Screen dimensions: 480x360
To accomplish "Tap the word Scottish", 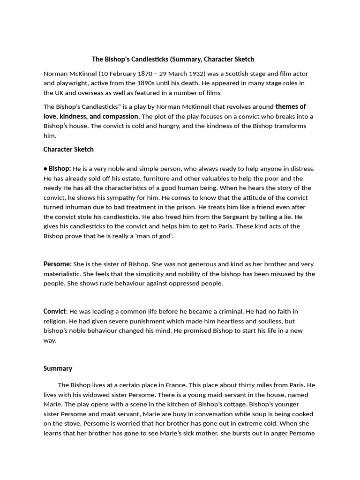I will click(238, 74).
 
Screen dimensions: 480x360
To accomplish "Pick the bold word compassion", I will click(120, 116).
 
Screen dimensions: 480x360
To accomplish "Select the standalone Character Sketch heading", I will click(68, 150).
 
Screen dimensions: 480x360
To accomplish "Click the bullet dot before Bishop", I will click(45, 169).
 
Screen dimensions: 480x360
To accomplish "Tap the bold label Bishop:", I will click(60, 169).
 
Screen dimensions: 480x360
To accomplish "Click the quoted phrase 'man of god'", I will click(155, 236).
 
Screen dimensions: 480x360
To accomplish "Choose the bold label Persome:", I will click(58, 264).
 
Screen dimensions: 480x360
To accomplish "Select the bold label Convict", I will click(55, 311).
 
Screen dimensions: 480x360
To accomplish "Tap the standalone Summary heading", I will click(58, 368).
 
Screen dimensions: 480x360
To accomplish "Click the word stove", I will click(69, 423).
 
